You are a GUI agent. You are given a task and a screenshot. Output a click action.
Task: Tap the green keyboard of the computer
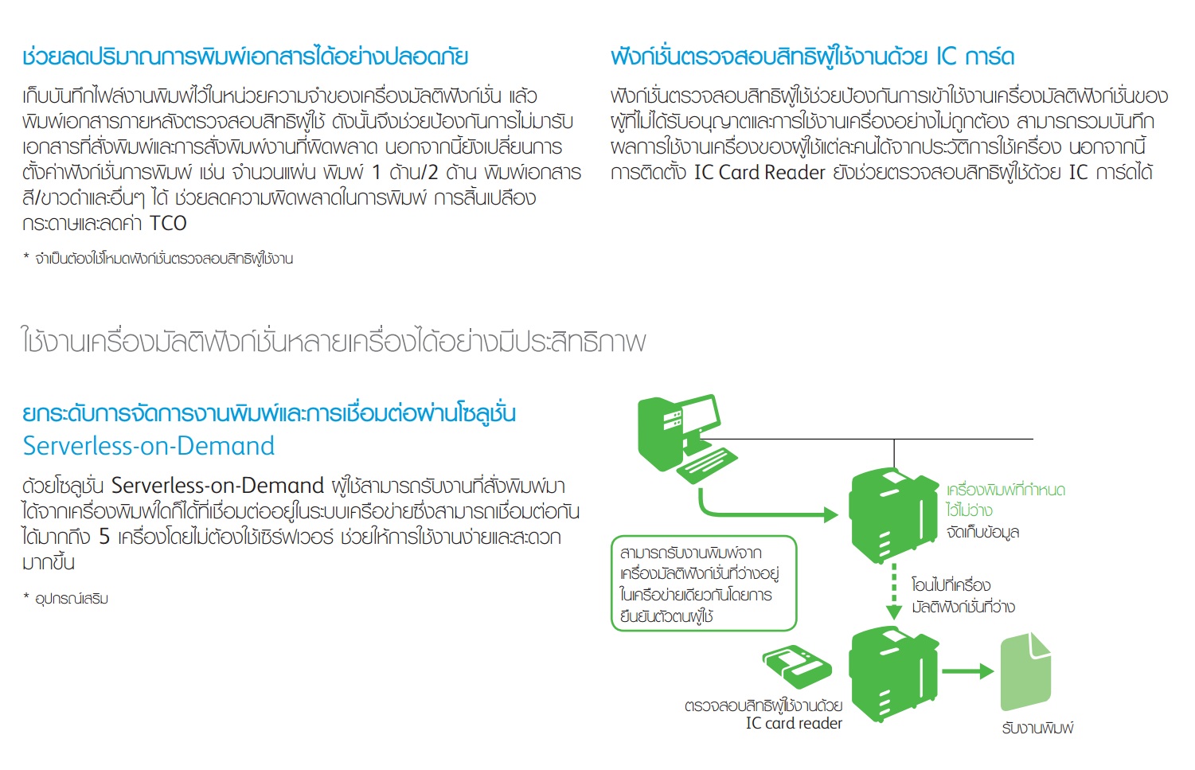click(708, 466)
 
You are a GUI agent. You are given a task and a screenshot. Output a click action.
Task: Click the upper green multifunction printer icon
click(892, 515)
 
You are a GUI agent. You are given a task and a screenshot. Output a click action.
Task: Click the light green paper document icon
click(1025, 671)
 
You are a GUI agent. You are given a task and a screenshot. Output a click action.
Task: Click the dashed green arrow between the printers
click(894, 592)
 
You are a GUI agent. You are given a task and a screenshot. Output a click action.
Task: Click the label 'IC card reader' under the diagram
click(793, 723)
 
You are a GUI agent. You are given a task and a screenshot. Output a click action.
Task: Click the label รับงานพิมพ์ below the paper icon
click(1037, 728)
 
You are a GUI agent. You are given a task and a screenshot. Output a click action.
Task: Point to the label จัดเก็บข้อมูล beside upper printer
click(982, 532)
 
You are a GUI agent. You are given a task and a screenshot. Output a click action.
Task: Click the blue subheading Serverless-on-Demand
click(148, 446)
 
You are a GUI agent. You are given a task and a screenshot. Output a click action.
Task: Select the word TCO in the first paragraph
click(168, 223)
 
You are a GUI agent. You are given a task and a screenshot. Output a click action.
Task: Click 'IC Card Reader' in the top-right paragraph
click(760, 172)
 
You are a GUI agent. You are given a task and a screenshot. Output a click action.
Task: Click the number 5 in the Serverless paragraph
click(104, 537)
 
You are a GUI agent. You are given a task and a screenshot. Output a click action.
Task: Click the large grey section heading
click(334, 340)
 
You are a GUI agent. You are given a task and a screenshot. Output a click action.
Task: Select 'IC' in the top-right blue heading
click(947, 57)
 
